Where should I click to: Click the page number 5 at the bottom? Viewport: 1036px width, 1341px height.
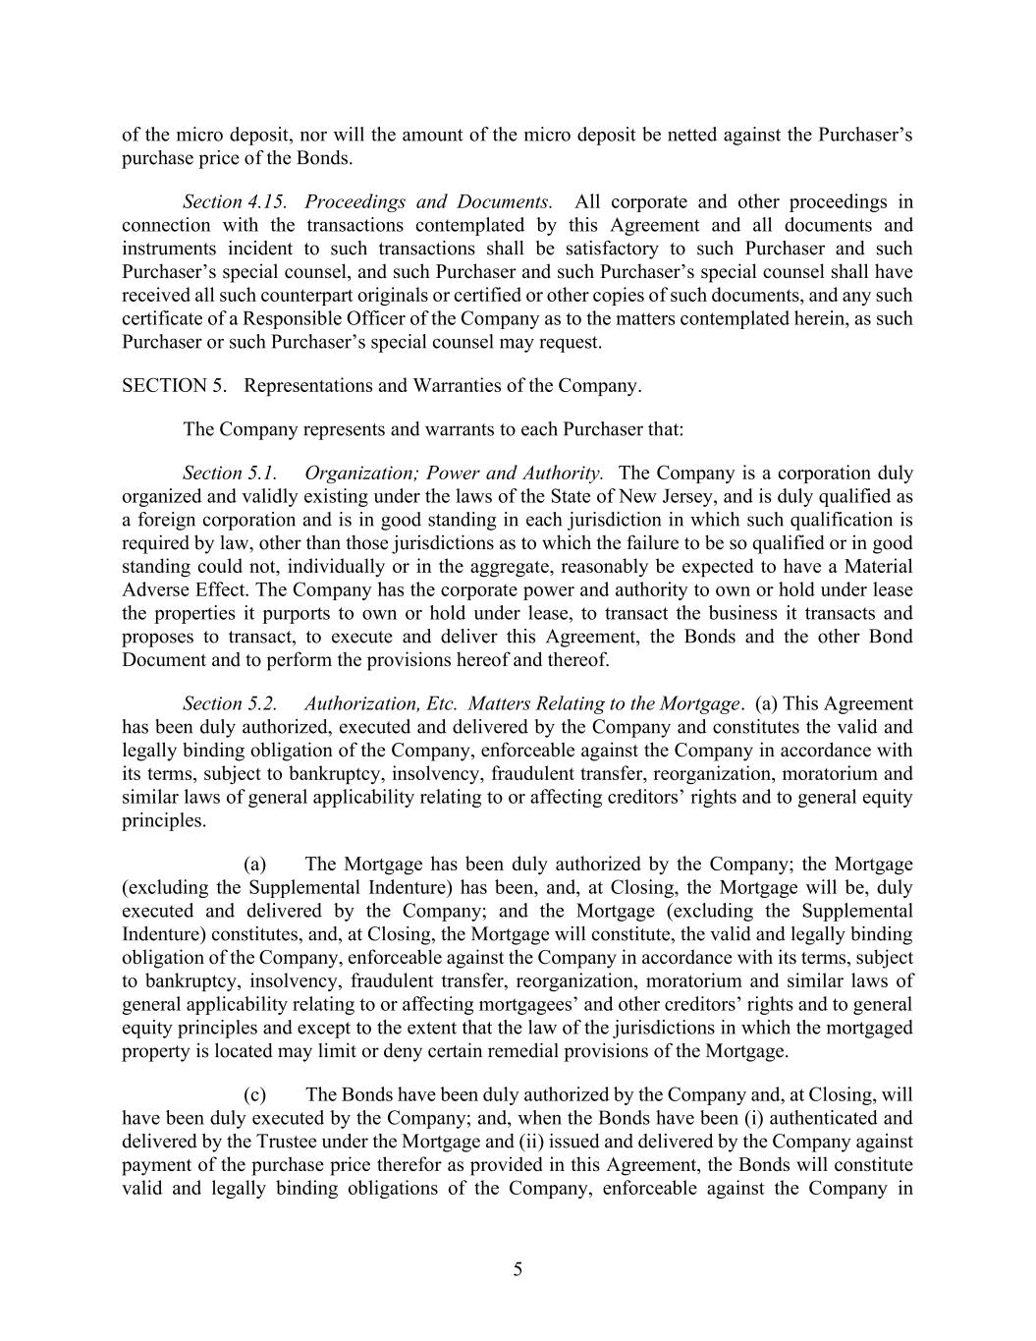click(518, 1269)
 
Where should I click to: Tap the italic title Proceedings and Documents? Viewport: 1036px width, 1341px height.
click(428, 201)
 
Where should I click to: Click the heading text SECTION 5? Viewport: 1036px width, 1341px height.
click(174, 385)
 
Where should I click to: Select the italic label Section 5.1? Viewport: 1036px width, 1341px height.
click(230, 473)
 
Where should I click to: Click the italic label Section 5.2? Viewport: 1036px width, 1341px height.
click(230, 703)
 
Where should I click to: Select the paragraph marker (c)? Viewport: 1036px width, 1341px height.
click(255, 1094)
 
